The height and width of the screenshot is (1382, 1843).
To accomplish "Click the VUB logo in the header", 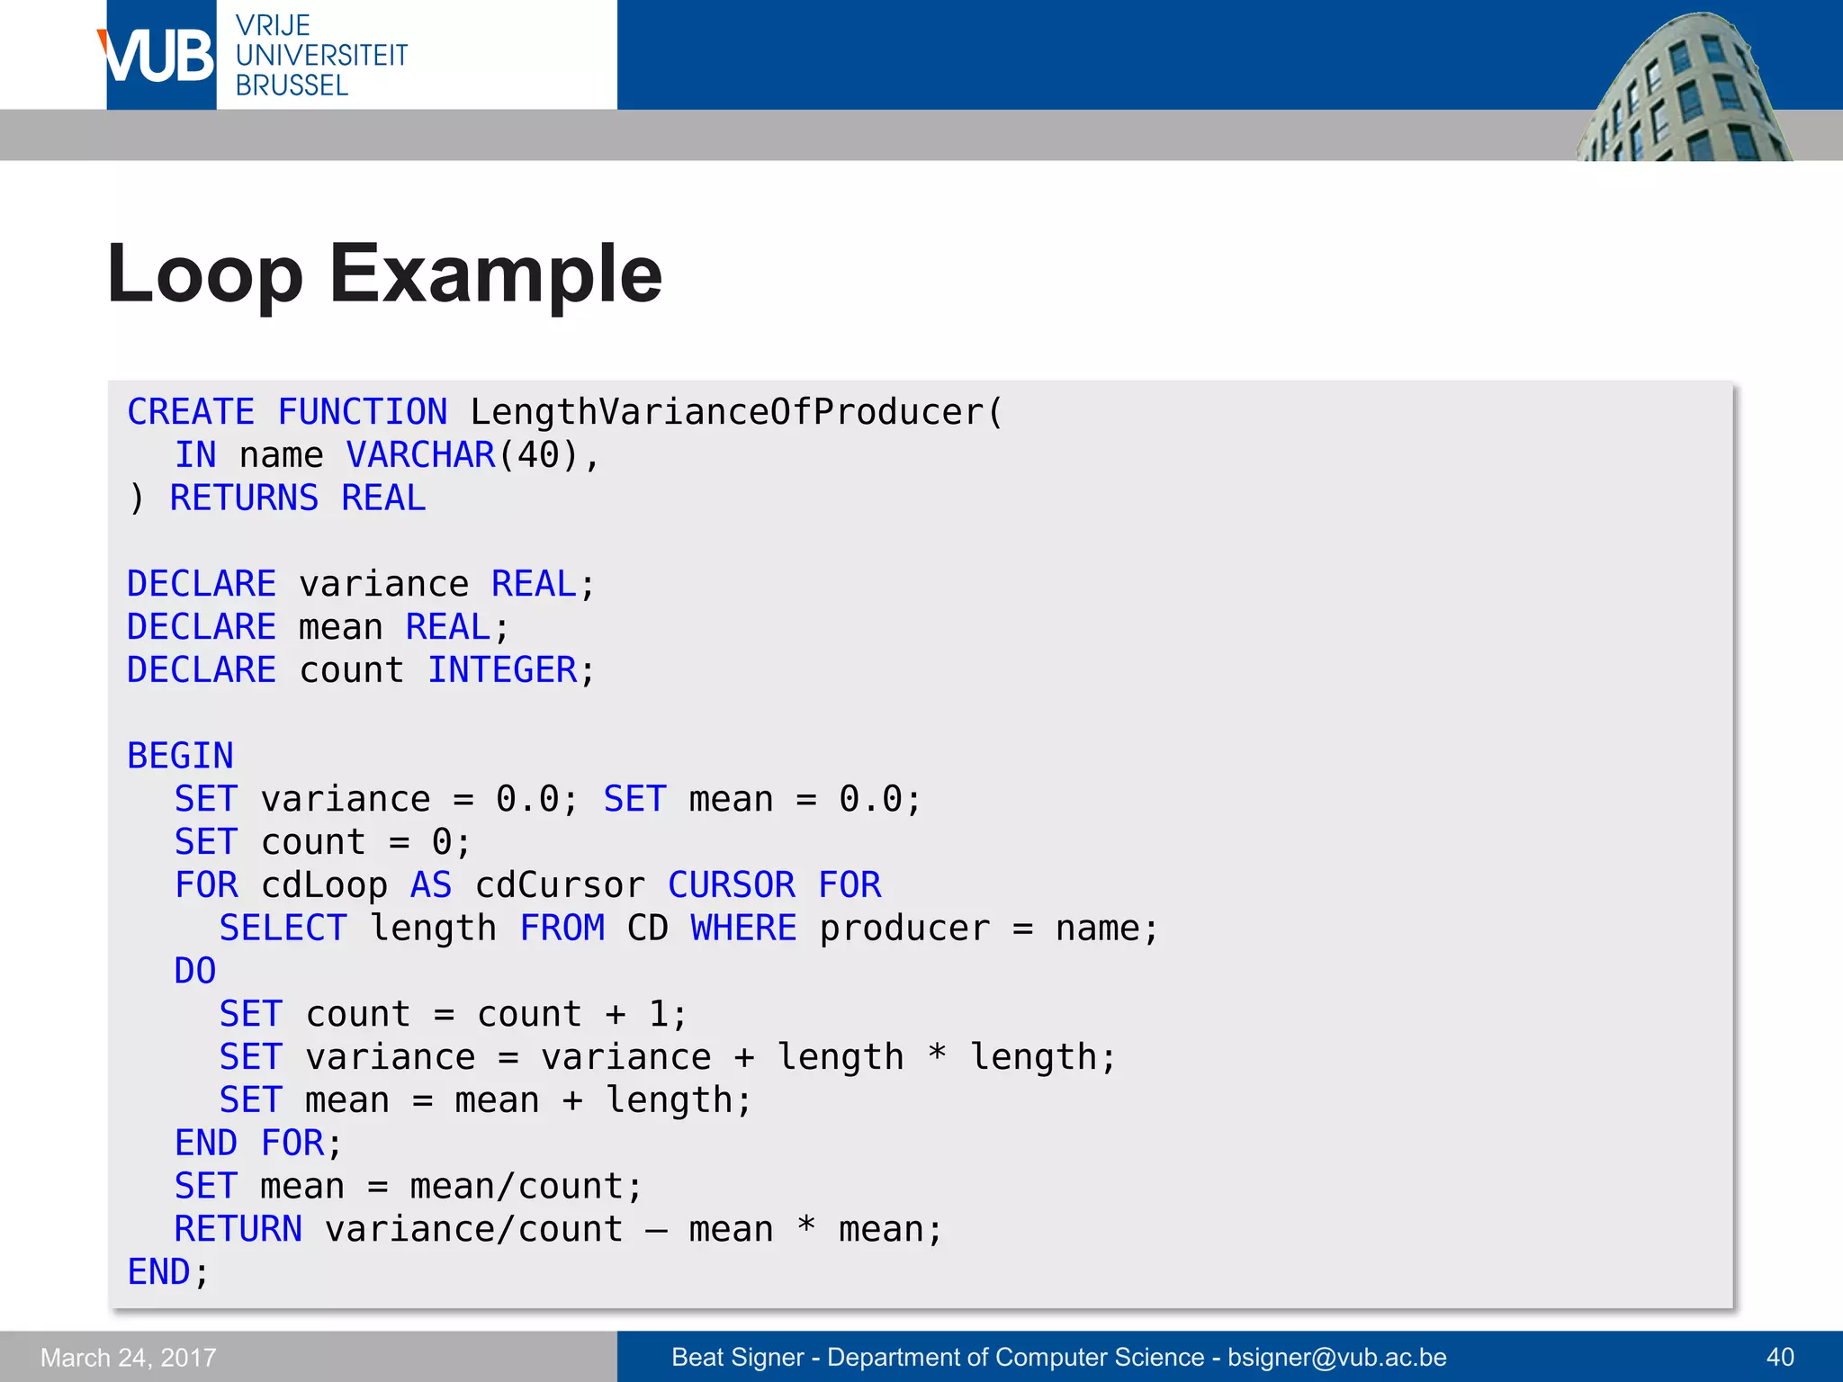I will coord(160,56).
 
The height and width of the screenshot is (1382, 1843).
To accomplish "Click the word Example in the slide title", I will coord(496,274).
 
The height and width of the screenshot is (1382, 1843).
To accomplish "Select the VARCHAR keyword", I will coord(421,455).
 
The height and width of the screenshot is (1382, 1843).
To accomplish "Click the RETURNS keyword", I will coord(244,498).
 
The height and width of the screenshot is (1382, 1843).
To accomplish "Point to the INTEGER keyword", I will coord(502,670).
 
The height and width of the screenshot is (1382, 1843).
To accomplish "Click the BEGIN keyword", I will coord(180,756).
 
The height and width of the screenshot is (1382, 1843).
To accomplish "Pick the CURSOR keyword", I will coord(732,885).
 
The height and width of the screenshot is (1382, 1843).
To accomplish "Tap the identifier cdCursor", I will coord(560,885).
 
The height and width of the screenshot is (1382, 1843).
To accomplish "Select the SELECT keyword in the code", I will coord(283,929).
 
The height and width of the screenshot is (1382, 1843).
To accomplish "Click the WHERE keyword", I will coord(743,929).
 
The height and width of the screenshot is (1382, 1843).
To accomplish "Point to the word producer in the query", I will coord(904,929).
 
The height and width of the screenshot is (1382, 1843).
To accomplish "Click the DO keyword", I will coord(195,972).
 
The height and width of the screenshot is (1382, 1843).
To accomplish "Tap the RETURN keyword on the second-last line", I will coord(238,1229).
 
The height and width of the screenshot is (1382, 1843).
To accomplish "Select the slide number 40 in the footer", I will coord(1780,1357).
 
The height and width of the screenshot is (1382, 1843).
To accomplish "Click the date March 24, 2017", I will coord(129,1357).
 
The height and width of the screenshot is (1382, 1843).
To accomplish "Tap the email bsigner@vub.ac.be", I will coord(1337,1357).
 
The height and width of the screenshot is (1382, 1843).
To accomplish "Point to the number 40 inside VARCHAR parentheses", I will coord(538,455).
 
